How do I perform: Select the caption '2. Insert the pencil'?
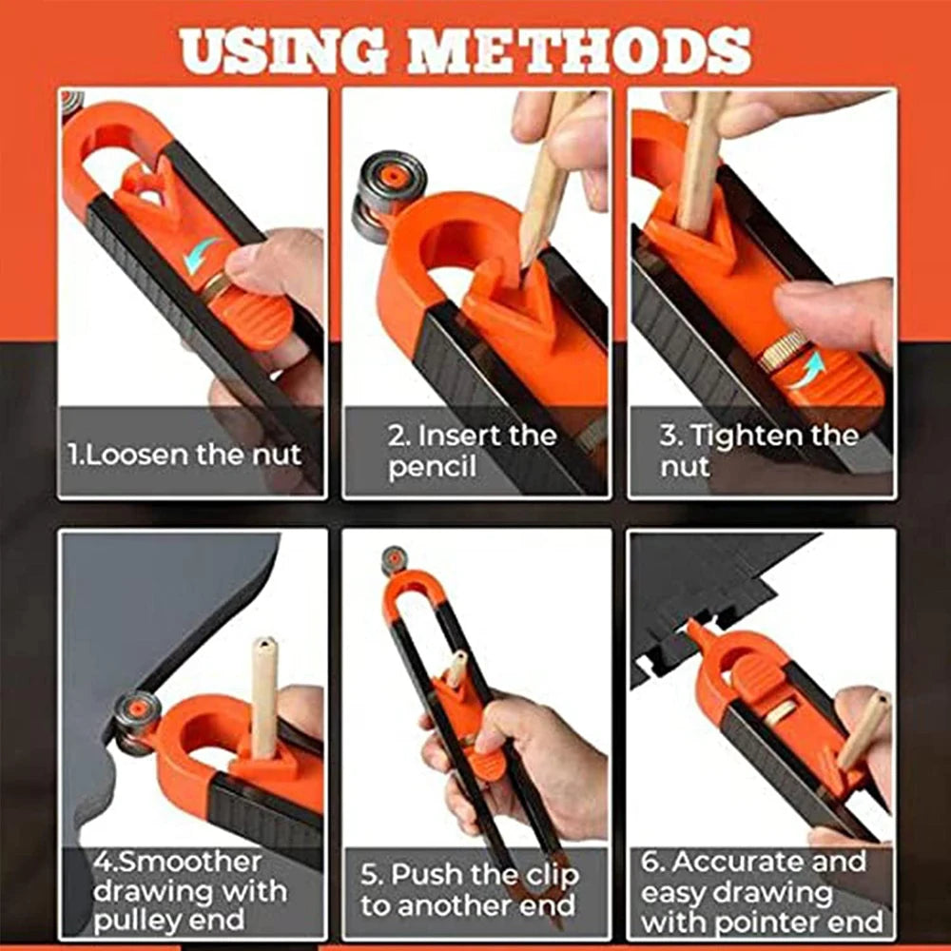472,451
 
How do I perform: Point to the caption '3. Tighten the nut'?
758,451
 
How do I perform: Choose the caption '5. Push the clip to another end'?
469,889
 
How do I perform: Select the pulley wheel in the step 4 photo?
135,720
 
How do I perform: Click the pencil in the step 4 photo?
264,694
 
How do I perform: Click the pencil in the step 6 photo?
862,728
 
